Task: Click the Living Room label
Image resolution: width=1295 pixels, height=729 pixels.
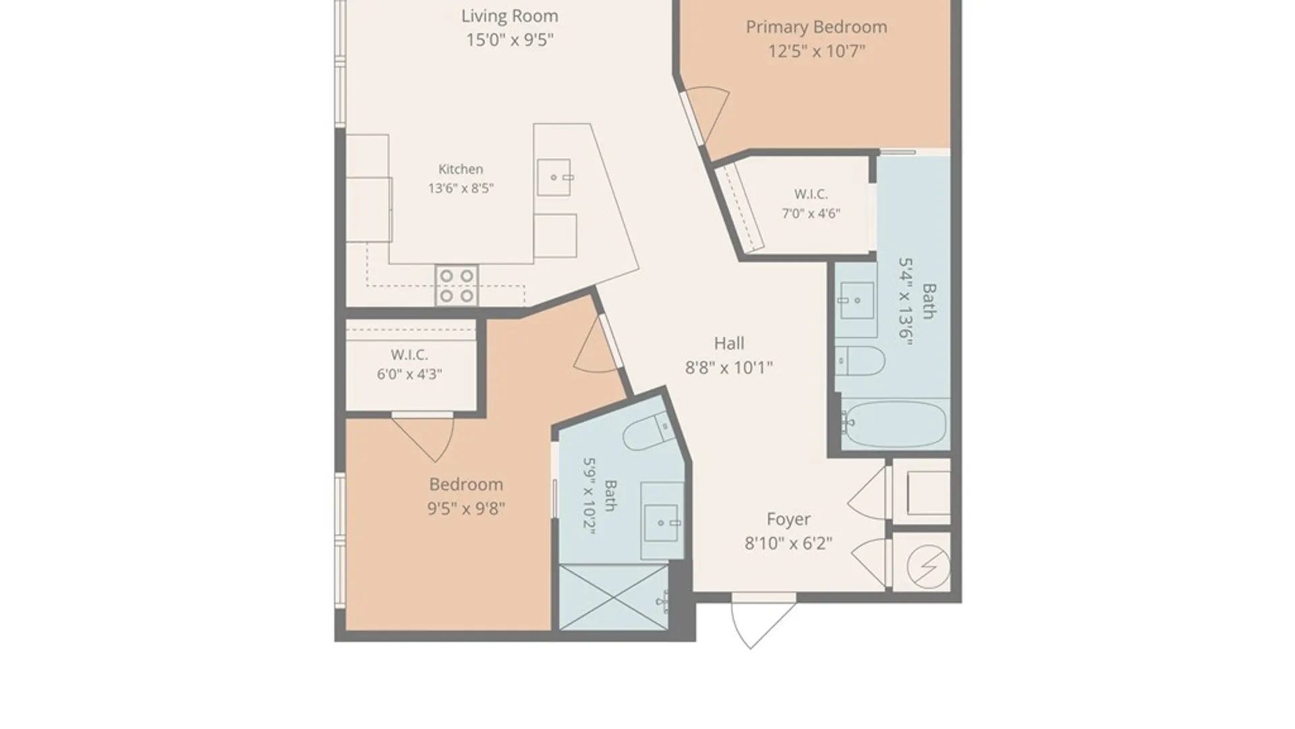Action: pos(509,16)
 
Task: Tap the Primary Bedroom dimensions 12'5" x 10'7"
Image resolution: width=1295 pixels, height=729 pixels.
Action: pos(816,51)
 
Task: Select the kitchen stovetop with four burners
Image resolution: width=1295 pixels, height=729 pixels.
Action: pos(457,286)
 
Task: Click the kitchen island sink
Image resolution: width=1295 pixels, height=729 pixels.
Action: pos(554,178)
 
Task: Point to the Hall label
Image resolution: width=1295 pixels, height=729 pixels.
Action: pos(729,344)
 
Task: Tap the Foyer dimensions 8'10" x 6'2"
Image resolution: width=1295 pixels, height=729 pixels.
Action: pos(788,543)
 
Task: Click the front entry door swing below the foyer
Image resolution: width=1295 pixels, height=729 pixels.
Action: pos(764,622)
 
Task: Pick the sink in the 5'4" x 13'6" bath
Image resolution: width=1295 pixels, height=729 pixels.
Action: pos(857,300)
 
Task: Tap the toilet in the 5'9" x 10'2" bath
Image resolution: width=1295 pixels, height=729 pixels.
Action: pos(649,432)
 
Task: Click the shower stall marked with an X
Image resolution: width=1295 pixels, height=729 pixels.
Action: pos(614,598)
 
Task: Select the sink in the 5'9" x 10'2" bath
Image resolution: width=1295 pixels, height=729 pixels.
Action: pos(662,522)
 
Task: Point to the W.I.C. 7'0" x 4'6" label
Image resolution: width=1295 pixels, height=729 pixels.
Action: pos(811,204)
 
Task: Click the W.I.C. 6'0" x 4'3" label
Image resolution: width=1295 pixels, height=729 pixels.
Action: pos(409,364)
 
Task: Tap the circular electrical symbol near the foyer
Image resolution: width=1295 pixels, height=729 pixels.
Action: pos(929,566)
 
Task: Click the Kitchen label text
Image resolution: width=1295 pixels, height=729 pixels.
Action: pos(461,169)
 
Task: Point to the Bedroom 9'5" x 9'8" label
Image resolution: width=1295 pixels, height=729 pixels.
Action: pos(466,496)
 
